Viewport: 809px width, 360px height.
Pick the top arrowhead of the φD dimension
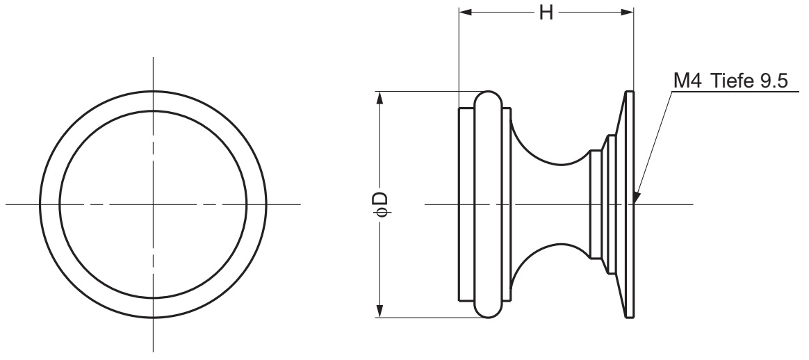[379, 97]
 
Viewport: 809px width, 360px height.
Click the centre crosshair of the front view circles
[153, 204]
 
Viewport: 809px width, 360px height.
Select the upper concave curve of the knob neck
[549, 154]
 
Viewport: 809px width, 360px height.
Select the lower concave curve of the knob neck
[549, 254]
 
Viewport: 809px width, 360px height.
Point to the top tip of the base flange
[630, 92]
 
